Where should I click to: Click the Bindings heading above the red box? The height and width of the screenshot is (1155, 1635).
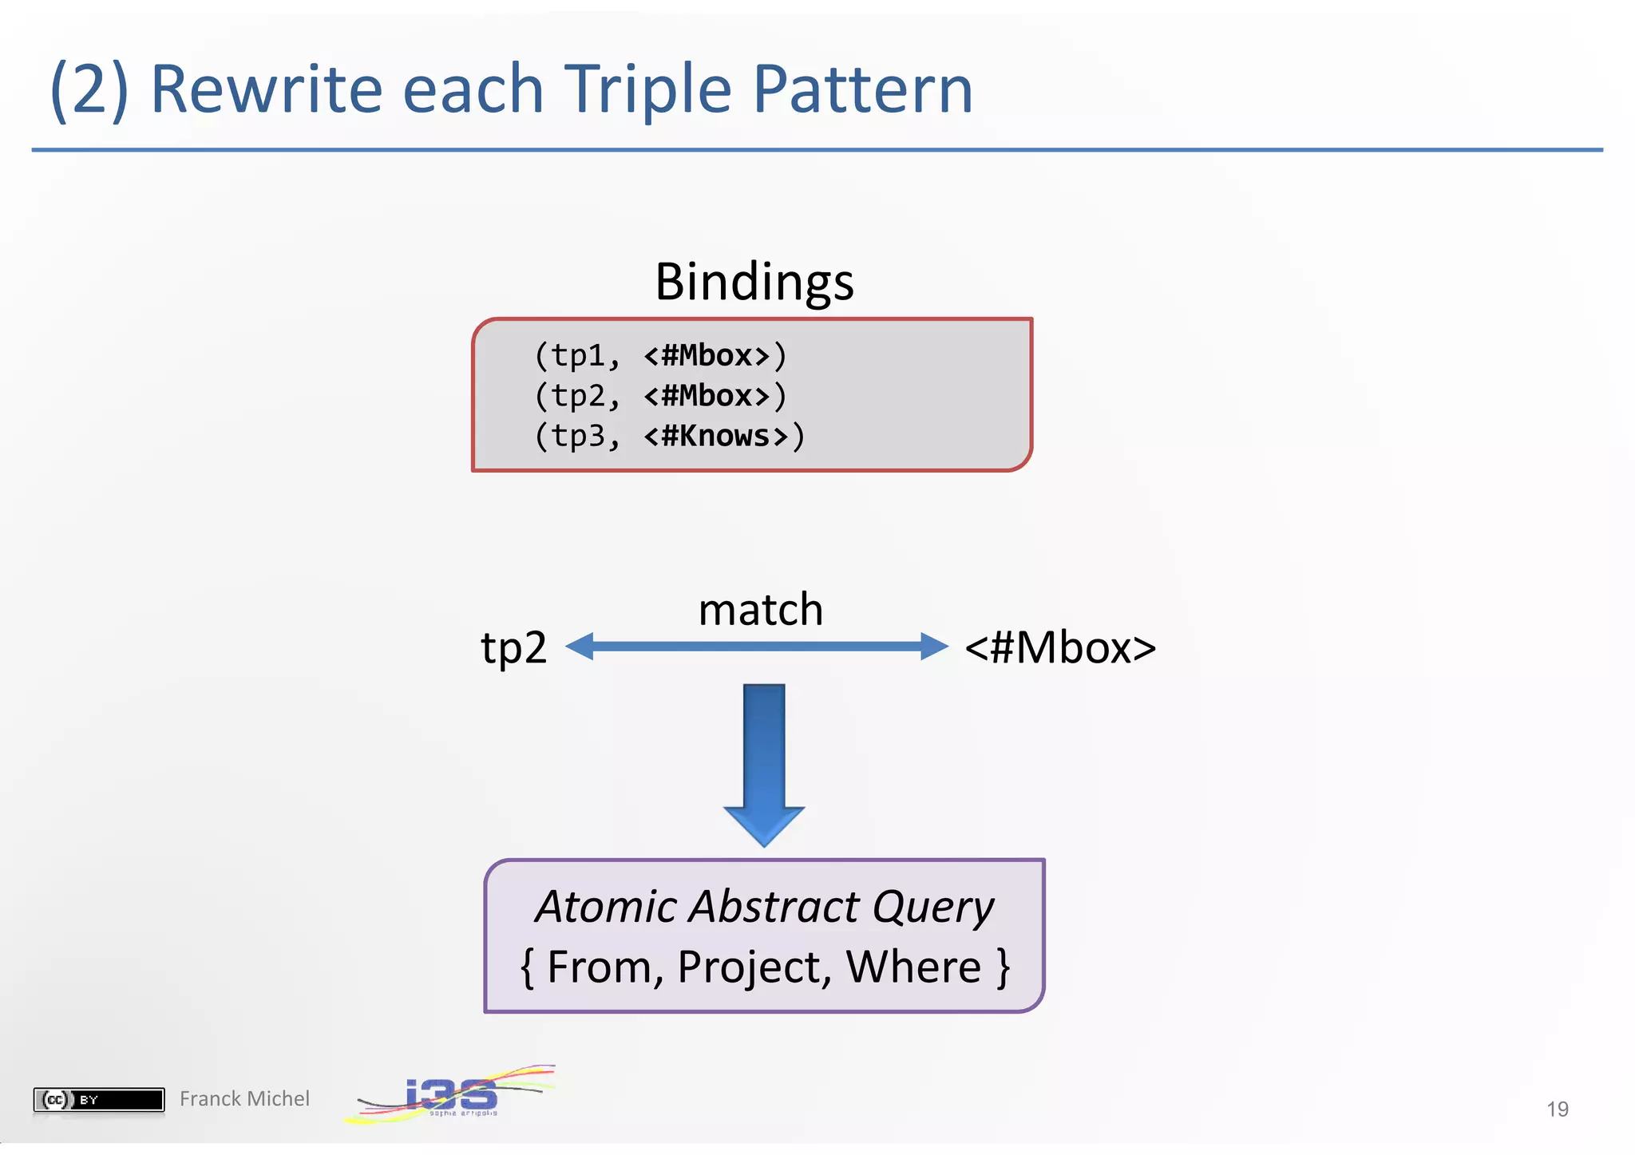(754, 283)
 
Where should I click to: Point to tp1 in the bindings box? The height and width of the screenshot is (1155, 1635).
(578, 356)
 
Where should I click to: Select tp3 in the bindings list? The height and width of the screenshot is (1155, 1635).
(578, 437)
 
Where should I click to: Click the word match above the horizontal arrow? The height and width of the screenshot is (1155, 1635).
(760, 610)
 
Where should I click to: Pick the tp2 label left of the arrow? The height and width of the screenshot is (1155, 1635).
(513, 647)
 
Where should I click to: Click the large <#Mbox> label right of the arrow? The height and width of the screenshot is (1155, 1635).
(1059, 647)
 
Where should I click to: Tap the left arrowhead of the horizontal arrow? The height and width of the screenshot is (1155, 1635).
(581, 646)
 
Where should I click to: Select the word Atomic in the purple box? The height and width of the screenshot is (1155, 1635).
(606, 908)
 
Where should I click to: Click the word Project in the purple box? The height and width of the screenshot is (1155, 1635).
(749, 967)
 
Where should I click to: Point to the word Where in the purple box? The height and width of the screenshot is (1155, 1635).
(913, 967)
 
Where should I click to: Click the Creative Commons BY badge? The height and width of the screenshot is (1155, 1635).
(98, 1100)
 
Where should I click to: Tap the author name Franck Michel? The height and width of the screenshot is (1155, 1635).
(244, 1099)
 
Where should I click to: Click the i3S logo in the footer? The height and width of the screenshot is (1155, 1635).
(451, 1095)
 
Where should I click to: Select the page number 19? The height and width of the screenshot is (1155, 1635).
(1557, 1110)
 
